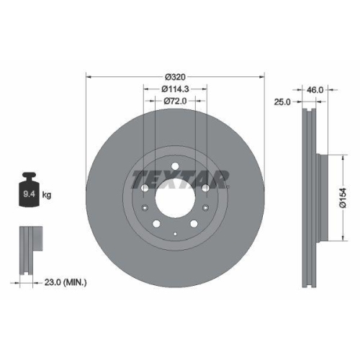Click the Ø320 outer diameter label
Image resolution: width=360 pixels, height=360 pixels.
click(176, 77)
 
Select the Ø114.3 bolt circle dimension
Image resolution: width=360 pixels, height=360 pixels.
click(176, 89)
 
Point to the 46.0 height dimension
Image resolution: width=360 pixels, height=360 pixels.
click(315, 90)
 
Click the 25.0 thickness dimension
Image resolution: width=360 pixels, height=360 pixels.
click(282, 102)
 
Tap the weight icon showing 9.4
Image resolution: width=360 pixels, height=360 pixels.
click(30, 191)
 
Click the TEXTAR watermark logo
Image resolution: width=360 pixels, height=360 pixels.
click(180, 179)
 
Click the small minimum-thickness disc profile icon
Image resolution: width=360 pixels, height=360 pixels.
click(29, 249)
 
